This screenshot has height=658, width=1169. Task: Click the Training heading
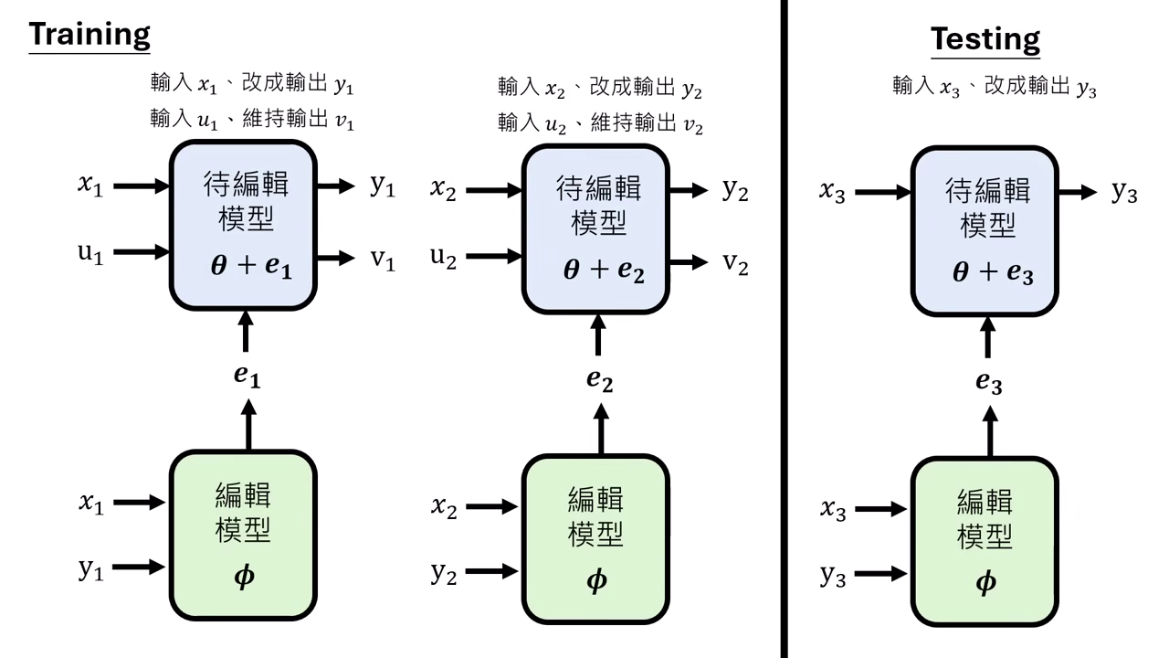pyautogui.click(x=90, y=35)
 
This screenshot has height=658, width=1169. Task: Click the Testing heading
pyautogui.click(x=985, y=39)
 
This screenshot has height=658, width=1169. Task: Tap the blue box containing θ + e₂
pyautogui.click(x=595, y=229)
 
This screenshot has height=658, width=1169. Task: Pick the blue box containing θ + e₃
pyautogui.click(x=985, y=229)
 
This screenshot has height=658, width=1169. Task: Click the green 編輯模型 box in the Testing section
pyautogui.click(x=985, y=540)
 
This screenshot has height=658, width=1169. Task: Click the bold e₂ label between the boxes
pyautogui.click(x=599, y=379)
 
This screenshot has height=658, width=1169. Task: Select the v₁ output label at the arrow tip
pyautogui.click(x=383, y=260)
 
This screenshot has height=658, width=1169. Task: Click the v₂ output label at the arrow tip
pyautogui.click(x=735, y=263)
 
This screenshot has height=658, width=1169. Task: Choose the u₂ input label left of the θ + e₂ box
pyautogui.click(x=444, y=258)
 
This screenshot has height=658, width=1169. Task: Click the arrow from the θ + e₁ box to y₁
pyautogui.click(x=335, y=186)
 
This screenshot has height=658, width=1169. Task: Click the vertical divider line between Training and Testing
pyautogui.click(x=784, y=329)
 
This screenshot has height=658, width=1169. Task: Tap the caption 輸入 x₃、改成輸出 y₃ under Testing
pyautogui.click(x=994, y=88)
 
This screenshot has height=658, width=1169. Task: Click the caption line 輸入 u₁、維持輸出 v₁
pyautogui.click(x=252, y=120)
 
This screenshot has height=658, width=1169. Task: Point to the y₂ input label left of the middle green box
pyautogui.click(x=444, y=573)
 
